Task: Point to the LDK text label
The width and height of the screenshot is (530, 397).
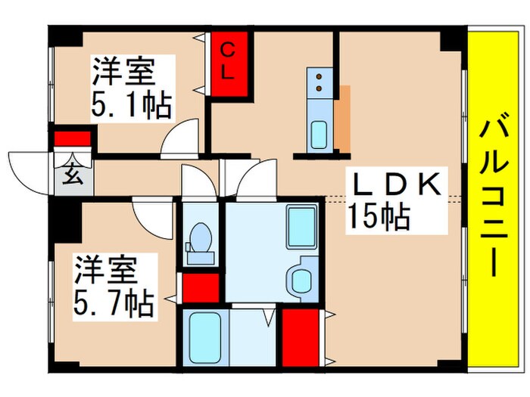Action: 393,185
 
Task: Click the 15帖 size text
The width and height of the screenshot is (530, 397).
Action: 379,218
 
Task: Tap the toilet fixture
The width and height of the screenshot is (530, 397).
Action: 200,242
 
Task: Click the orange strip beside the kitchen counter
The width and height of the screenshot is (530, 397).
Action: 344,117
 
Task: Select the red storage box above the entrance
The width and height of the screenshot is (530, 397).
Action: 73,139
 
